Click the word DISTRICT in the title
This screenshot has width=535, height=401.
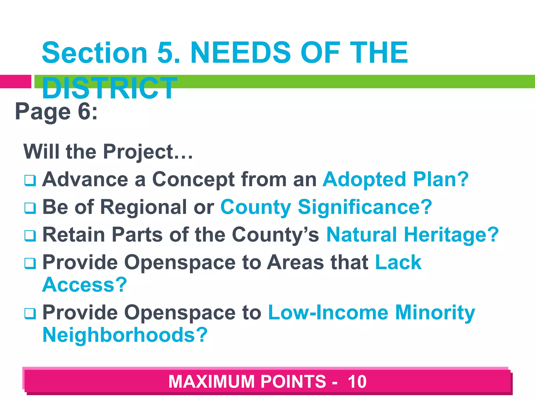tap(109, 88)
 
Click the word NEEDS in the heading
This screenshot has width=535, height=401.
tap(240, 53)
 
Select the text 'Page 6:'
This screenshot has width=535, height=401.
tap(56, 112)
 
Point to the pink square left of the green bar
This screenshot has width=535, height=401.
tap(15, 81)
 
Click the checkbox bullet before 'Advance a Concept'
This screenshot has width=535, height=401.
tap(30, 180)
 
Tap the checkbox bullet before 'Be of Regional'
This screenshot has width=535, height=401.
tap(30, 208)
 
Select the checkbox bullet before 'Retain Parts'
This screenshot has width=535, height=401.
tap(30, 236)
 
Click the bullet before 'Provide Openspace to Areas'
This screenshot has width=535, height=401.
tap(30, 263)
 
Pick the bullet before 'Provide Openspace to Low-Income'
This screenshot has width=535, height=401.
tap(30, 314)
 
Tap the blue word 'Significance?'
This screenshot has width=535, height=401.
tap(365, 207)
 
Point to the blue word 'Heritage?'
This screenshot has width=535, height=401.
tap(451, 235)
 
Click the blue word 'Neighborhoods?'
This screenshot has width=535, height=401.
tap(125, 335)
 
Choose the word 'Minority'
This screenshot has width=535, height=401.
tap(435, 313)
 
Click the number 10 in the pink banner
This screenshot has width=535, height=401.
tap(357, 382)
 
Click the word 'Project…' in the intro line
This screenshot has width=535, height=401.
tap(148, 152)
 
